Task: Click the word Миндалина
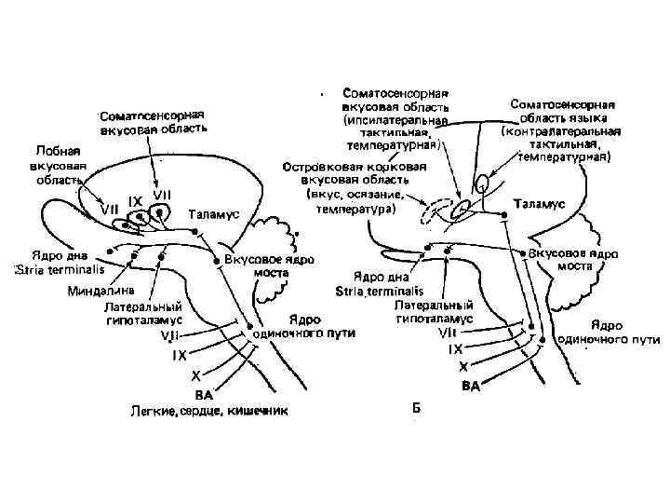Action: pyautogui.click(x=99, y=290)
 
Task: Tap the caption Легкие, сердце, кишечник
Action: pyautogui.click(x=208, y=409)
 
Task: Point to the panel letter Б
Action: pyautogui.click(x=417, y=407)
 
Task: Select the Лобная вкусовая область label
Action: pyautogui.click(x=59, y=166)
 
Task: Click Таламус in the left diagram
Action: pyautogui.click(x=214, y=213)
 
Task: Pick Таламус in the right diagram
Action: pyautogui.click(x=539, y=202)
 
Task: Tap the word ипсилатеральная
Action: pyautogui.click(x=398, y=120)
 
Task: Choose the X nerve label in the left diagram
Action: pyautogui.click(x=194, y=375)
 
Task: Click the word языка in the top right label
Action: pyautogui.click(x=589, y=118)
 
